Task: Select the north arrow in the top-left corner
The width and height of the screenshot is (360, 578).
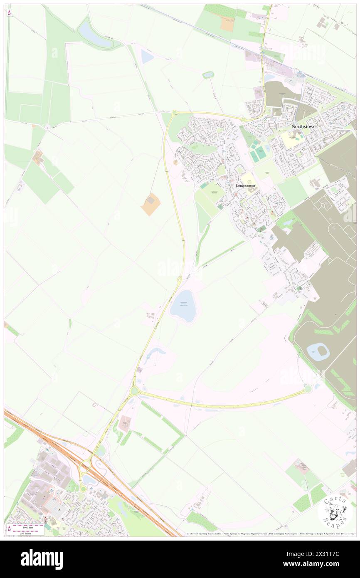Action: point(9,12)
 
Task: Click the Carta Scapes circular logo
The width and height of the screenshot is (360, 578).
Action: point(335,511)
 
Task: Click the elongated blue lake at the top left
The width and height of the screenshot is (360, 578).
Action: point(94,35)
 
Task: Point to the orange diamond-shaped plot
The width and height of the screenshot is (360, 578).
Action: point(150,204)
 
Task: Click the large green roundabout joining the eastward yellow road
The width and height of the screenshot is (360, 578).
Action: point(134,391)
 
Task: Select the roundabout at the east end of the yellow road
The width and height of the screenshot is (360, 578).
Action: point(308,389)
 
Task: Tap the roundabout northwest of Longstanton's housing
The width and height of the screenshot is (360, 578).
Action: point(175,113)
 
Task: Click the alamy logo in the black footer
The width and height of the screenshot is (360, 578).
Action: point(42,559)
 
